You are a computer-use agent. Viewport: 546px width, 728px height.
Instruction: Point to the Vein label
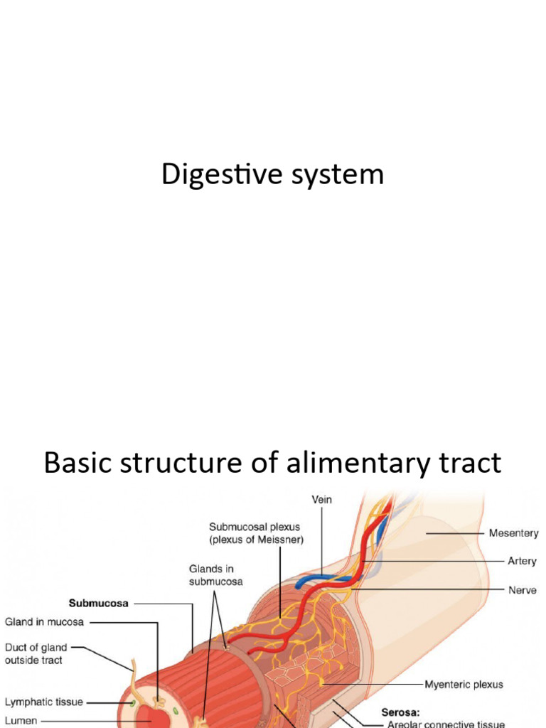321,500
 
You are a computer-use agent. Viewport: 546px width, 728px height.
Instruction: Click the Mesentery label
513,533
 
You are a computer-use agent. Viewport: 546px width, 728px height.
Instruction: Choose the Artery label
522,561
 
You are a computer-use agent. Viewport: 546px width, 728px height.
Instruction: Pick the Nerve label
522,590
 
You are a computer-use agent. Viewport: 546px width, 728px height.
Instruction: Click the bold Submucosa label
98,604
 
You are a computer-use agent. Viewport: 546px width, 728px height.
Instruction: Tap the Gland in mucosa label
44,622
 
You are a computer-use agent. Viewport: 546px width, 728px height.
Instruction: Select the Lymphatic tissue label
44,702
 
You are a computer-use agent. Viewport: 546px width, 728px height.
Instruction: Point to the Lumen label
21,720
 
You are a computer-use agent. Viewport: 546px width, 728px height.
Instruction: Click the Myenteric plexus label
464,685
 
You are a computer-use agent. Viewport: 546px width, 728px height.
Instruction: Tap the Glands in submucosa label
215,575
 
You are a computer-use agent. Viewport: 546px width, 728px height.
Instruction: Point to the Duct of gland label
36,648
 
